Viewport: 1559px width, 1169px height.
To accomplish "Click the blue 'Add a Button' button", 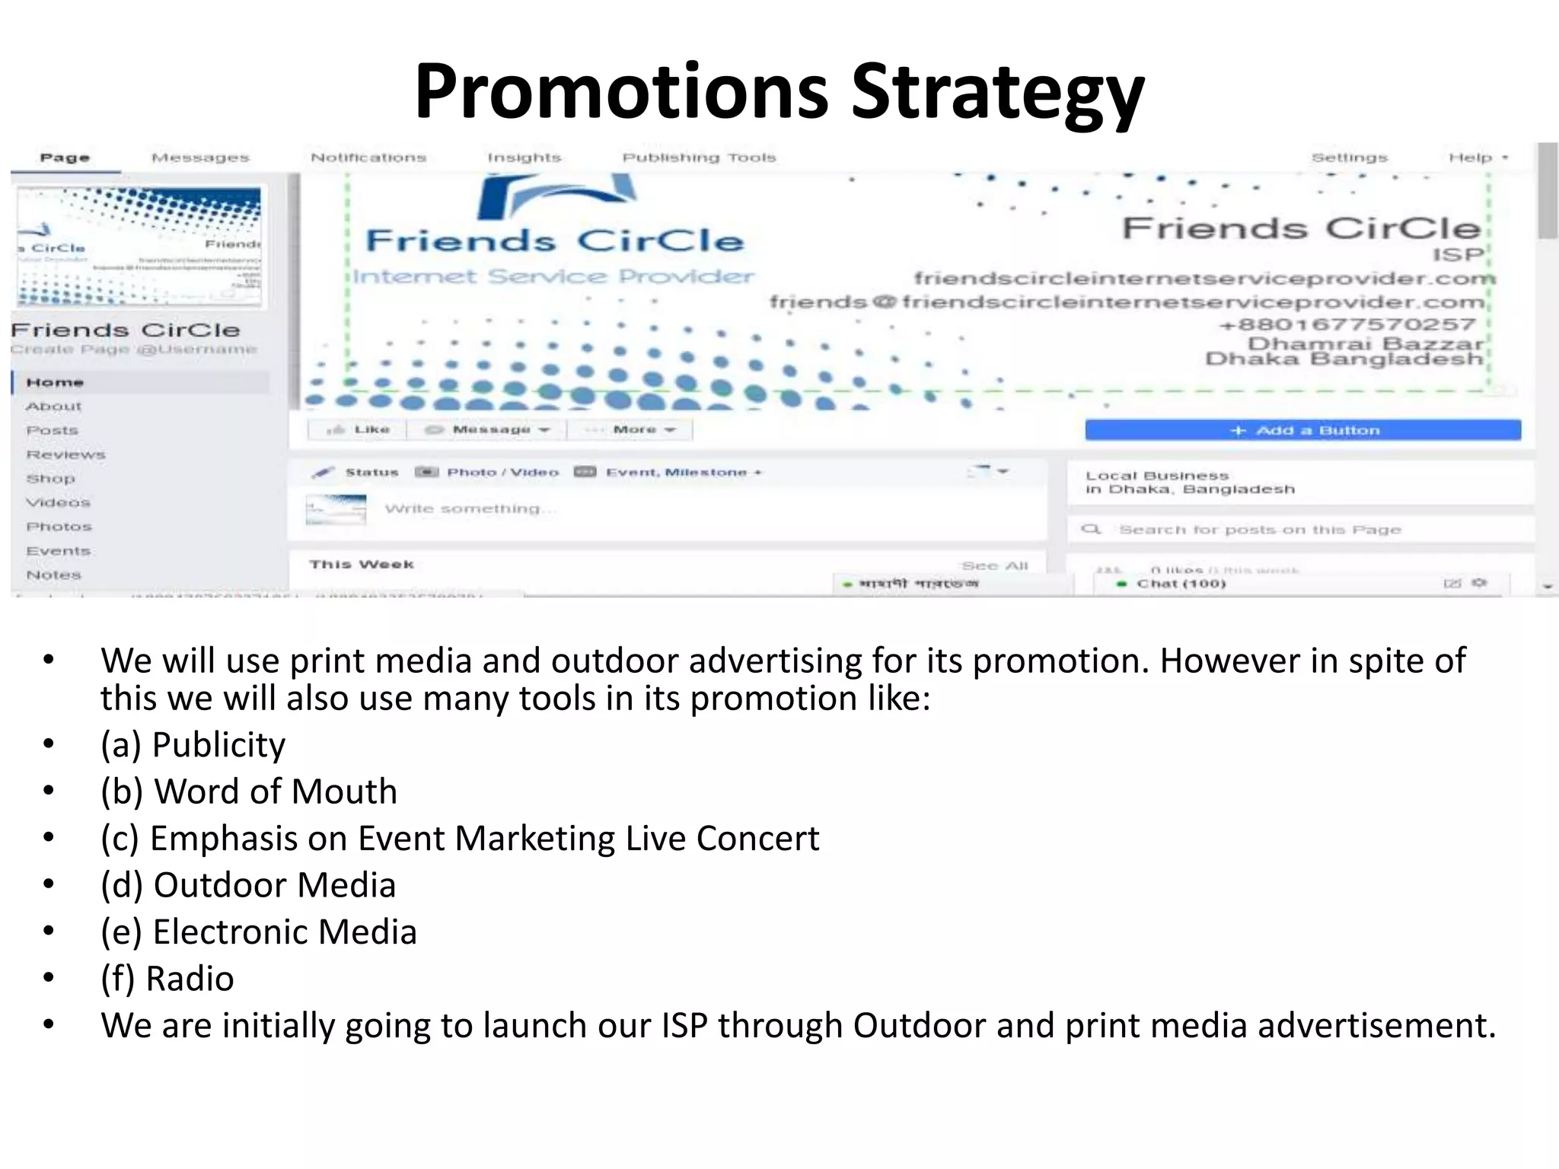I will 1302,430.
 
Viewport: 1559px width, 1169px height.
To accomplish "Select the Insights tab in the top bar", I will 524,158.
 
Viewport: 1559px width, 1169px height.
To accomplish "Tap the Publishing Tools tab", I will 699,158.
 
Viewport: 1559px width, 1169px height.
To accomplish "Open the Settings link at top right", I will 1349,158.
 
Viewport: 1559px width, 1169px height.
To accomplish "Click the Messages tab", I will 200,158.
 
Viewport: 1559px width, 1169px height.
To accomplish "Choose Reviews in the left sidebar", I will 65,454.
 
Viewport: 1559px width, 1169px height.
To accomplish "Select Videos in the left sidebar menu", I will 58,502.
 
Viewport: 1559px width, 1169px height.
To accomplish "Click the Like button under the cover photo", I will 358,429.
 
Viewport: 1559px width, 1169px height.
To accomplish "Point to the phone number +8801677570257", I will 1347,324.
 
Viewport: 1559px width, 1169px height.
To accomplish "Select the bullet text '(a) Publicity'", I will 193,744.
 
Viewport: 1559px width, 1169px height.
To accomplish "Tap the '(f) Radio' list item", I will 167,979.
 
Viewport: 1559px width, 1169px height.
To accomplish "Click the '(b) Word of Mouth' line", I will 248,792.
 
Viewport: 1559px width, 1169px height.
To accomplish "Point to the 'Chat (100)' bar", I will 1181,584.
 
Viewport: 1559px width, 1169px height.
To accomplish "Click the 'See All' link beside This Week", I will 994,565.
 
